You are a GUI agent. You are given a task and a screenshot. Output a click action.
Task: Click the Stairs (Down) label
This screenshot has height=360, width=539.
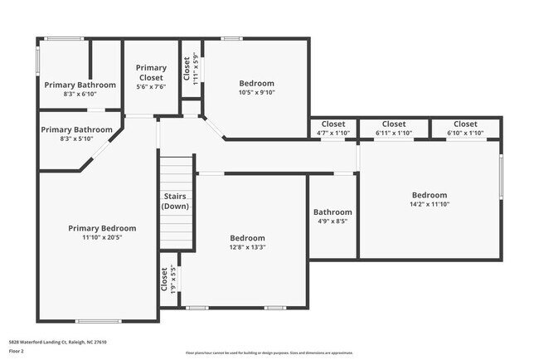[175, 202]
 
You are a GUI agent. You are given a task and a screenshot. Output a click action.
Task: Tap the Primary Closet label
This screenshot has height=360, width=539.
[151, 72]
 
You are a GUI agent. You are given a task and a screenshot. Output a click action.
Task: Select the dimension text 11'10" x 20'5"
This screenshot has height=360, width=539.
[102, 237]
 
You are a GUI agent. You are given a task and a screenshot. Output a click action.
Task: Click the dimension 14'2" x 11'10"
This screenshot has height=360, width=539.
[429, 204]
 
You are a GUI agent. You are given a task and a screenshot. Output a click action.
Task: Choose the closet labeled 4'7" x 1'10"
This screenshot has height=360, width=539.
[333, 128]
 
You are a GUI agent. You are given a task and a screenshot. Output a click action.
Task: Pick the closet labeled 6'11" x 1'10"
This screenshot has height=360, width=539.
[393, 128]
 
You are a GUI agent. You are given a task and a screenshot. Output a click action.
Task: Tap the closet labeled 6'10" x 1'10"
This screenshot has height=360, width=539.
[465, 128]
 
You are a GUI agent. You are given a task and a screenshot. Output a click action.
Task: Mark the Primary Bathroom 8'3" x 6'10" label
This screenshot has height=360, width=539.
[80, 90]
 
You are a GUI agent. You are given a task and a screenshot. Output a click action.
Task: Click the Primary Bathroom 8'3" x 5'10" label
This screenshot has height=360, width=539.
[76, 134]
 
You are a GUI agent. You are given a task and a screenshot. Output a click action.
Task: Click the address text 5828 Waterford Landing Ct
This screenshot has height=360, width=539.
[58, 342]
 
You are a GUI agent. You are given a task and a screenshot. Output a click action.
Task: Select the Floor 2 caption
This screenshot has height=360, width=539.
[17, 351]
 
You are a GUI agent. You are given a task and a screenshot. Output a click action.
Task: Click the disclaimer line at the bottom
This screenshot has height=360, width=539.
[269, 353]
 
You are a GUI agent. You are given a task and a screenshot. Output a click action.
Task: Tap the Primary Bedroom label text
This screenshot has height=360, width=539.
[102, 228]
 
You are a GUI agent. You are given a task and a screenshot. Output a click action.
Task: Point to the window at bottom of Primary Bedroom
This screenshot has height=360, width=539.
[99, 321]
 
